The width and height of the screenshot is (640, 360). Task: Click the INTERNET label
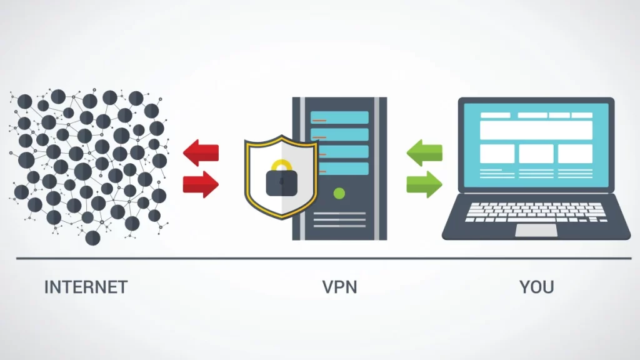86,287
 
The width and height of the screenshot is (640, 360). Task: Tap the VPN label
339,287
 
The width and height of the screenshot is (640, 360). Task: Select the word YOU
537,287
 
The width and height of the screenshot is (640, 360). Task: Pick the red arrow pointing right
201,183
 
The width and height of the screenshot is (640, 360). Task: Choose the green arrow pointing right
425,183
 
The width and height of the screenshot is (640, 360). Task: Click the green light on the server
339,192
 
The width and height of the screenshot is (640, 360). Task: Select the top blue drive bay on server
339,117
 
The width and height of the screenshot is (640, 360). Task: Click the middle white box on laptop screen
536,153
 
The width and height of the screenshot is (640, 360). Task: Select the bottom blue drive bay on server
339,168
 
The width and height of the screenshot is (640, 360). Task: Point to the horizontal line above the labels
320,257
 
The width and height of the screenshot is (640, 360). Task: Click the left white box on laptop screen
497,153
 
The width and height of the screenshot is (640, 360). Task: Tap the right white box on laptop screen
575,153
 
